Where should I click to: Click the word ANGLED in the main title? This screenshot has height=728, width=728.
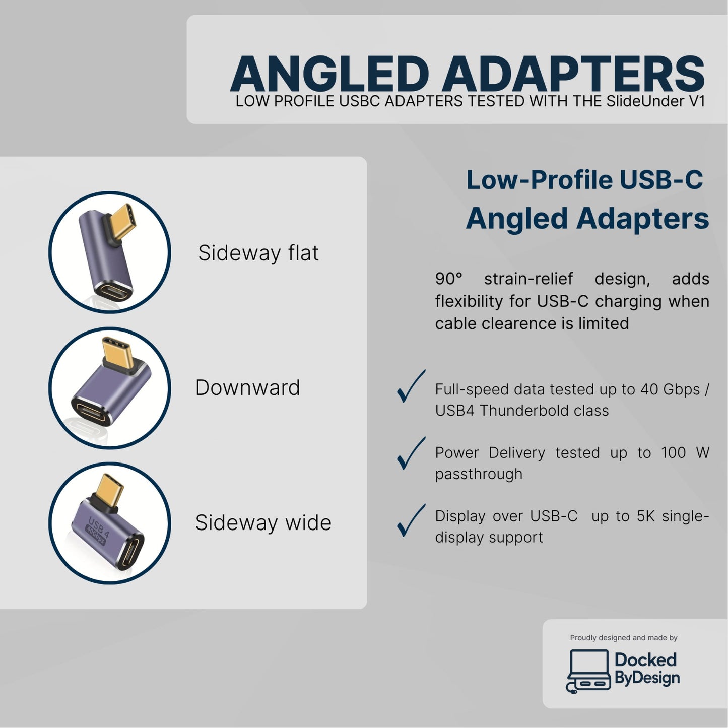[x=329, y=75]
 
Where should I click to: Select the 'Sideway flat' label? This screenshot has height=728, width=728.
[x=258, y=253]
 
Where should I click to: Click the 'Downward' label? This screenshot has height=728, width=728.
[x=247, y=388]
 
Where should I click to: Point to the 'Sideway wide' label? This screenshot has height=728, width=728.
[x=263, y=523]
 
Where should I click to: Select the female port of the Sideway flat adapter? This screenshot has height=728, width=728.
[x=111, y=291]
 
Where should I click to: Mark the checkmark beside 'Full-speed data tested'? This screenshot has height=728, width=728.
[x=411, y=387]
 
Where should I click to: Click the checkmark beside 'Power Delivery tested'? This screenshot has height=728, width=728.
[x=411, y=453]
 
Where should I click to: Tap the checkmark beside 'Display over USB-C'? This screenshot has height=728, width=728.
[x=411, y=520]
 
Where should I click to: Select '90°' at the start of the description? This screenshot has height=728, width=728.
[x=448, y=279]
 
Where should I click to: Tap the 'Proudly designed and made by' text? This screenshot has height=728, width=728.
[x=623, y=638]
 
